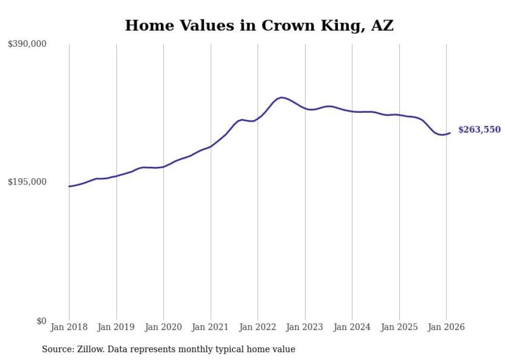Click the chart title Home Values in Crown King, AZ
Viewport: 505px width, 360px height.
coord(259,25)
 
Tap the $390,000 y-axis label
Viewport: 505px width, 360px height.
coord(27,44)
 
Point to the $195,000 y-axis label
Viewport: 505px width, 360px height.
coord(27,182)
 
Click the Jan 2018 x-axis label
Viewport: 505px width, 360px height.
coord(69,327)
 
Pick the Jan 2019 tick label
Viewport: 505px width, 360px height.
coord(116,327)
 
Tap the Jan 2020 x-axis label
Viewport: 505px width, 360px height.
coord(163,327)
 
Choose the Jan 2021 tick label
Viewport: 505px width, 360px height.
coord(211,327)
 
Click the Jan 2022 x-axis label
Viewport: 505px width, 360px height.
coord(258,327)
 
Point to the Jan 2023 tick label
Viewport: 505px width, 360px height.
coord(305,327)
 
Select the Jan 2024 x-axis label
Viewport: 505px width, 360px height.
coord(352,327)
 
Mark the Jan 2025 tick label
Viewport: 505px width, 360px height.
coord(399,327)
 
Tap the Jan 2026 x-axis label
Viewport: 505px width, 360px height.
coord(446,327)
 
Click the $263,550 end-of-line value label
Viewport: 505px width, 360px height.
coord(479,130)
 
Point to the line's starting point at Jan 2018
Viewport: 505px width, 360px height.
coord(69,186)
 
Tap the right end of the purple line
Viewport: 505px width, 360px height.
coord(450,133)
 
